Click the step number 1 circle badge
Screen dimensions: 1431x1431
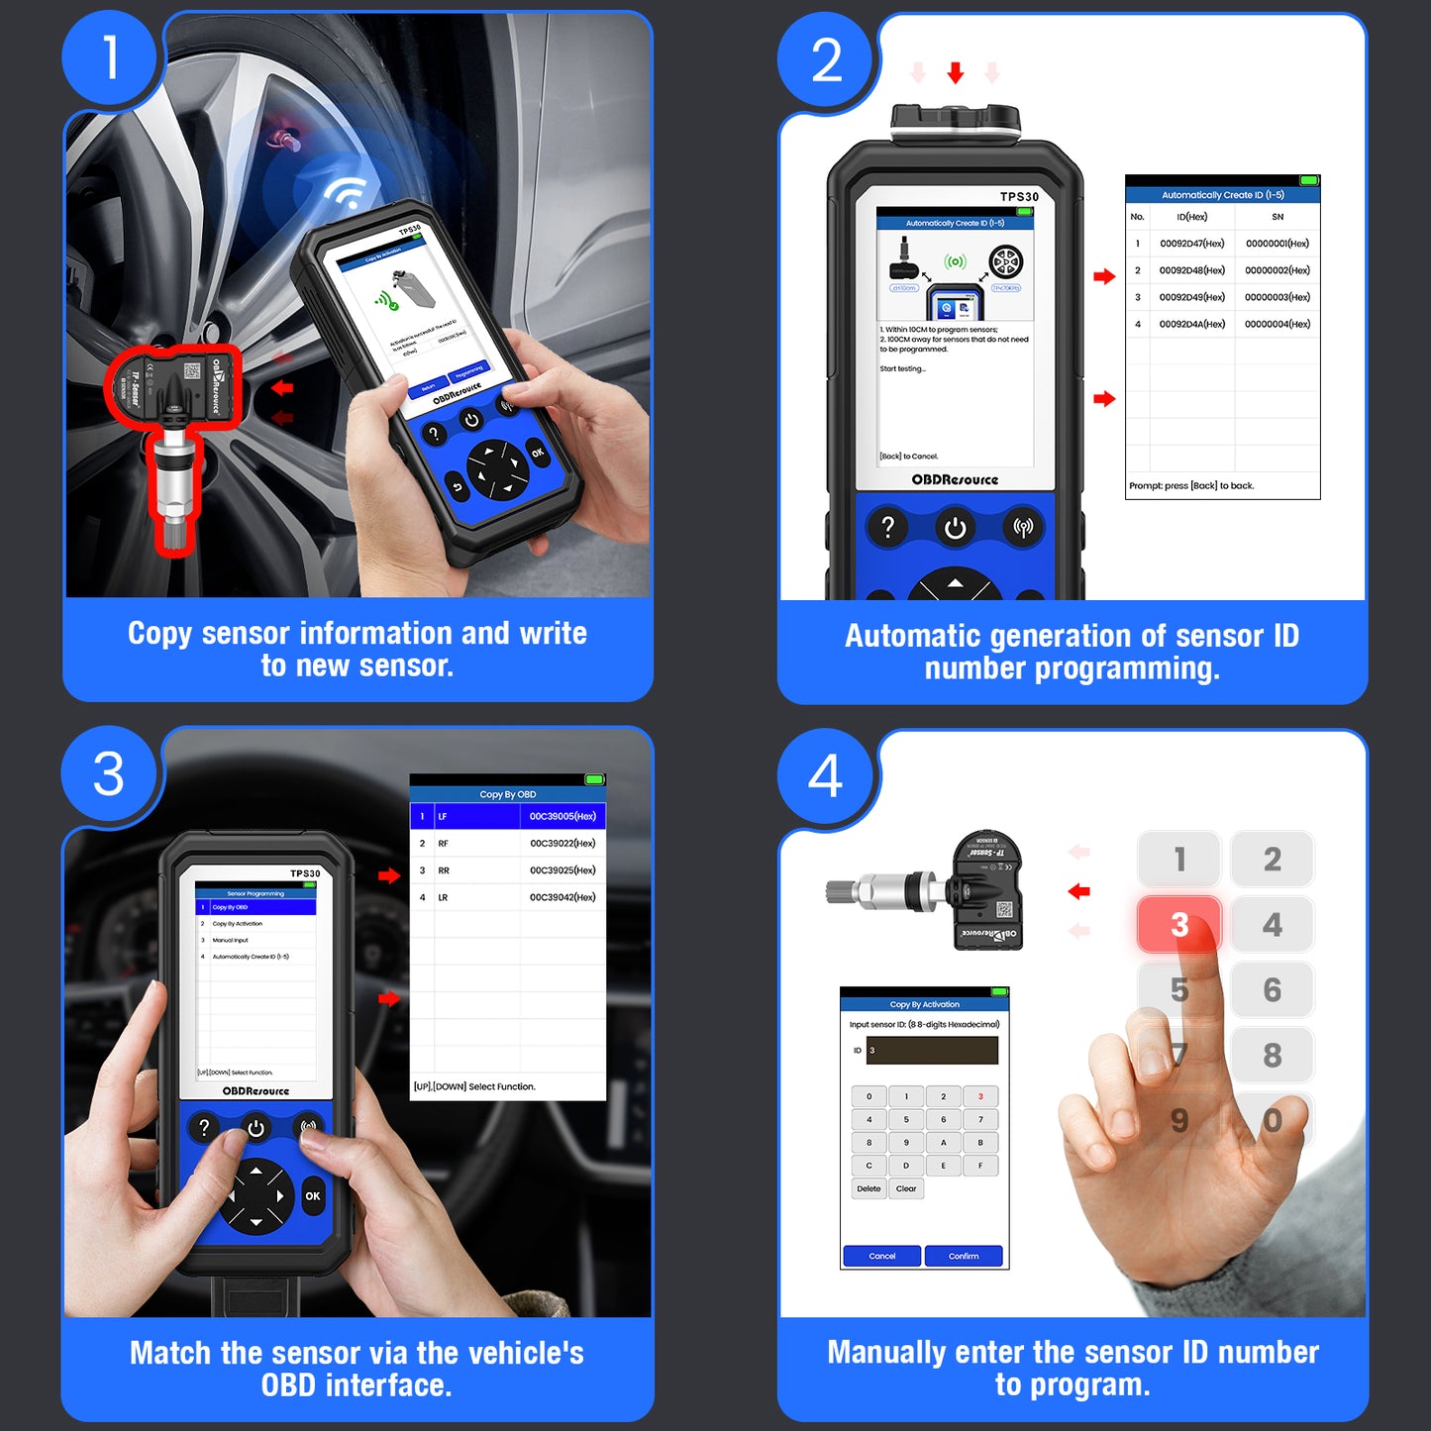pos(110,57)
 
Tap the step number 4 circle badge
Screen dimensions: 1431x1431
pos(825,776)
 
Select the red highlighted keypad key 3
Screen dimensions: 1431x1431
pos(1178,924)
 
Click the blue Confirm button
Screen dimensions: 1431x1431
pos(963,1256)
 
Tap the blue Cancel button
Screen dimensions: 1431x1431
pos(881,1256)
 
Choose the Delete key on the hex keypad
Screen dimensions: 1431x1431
pos(869,1188)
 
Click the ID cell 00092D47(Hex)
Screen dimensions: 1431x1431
pos(1191,244)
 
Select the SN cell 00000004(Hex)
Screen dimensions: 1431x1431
pos(1277,324)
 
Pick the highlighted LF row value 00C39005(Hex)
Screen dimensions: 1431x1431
pos(562,816)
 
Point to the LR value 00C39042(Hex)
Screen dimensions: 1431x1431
pos(562,897)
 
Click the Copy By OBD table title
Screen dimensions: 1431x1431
pos(507,794)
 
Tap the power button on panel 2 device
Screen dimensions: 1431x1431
pos(955,528)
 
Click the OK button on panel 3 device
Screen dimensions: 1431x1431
pos(313,1196)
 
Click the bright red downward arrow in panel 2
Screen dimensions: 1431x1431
pos(956,72)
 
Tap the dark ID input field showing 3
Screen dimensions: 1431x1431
pos(931,1051)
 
